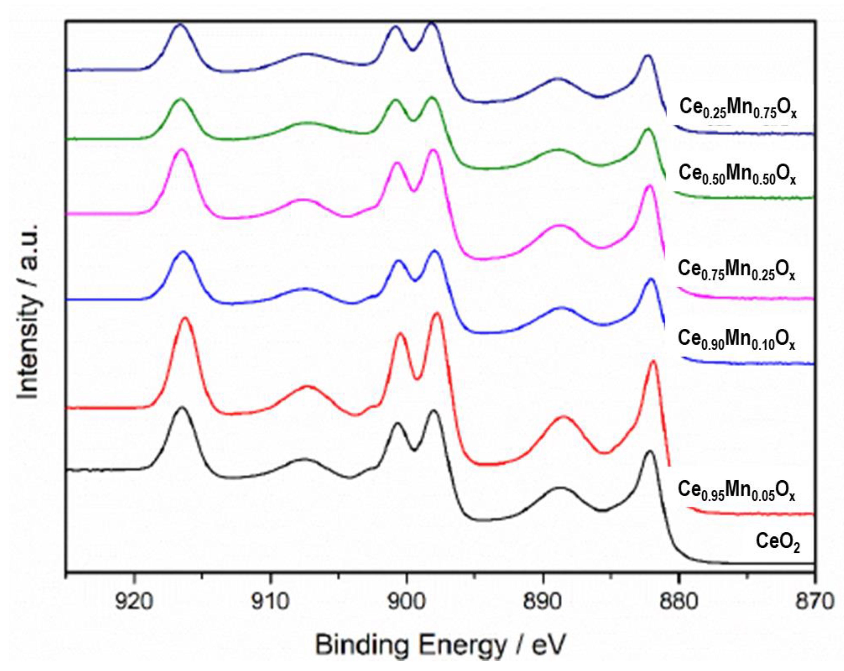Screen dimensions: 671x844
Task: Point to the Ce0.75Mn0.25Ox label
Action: coord(736,270)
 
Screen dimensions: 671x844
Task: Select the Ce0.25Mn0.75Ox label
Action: coord(738,108)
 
